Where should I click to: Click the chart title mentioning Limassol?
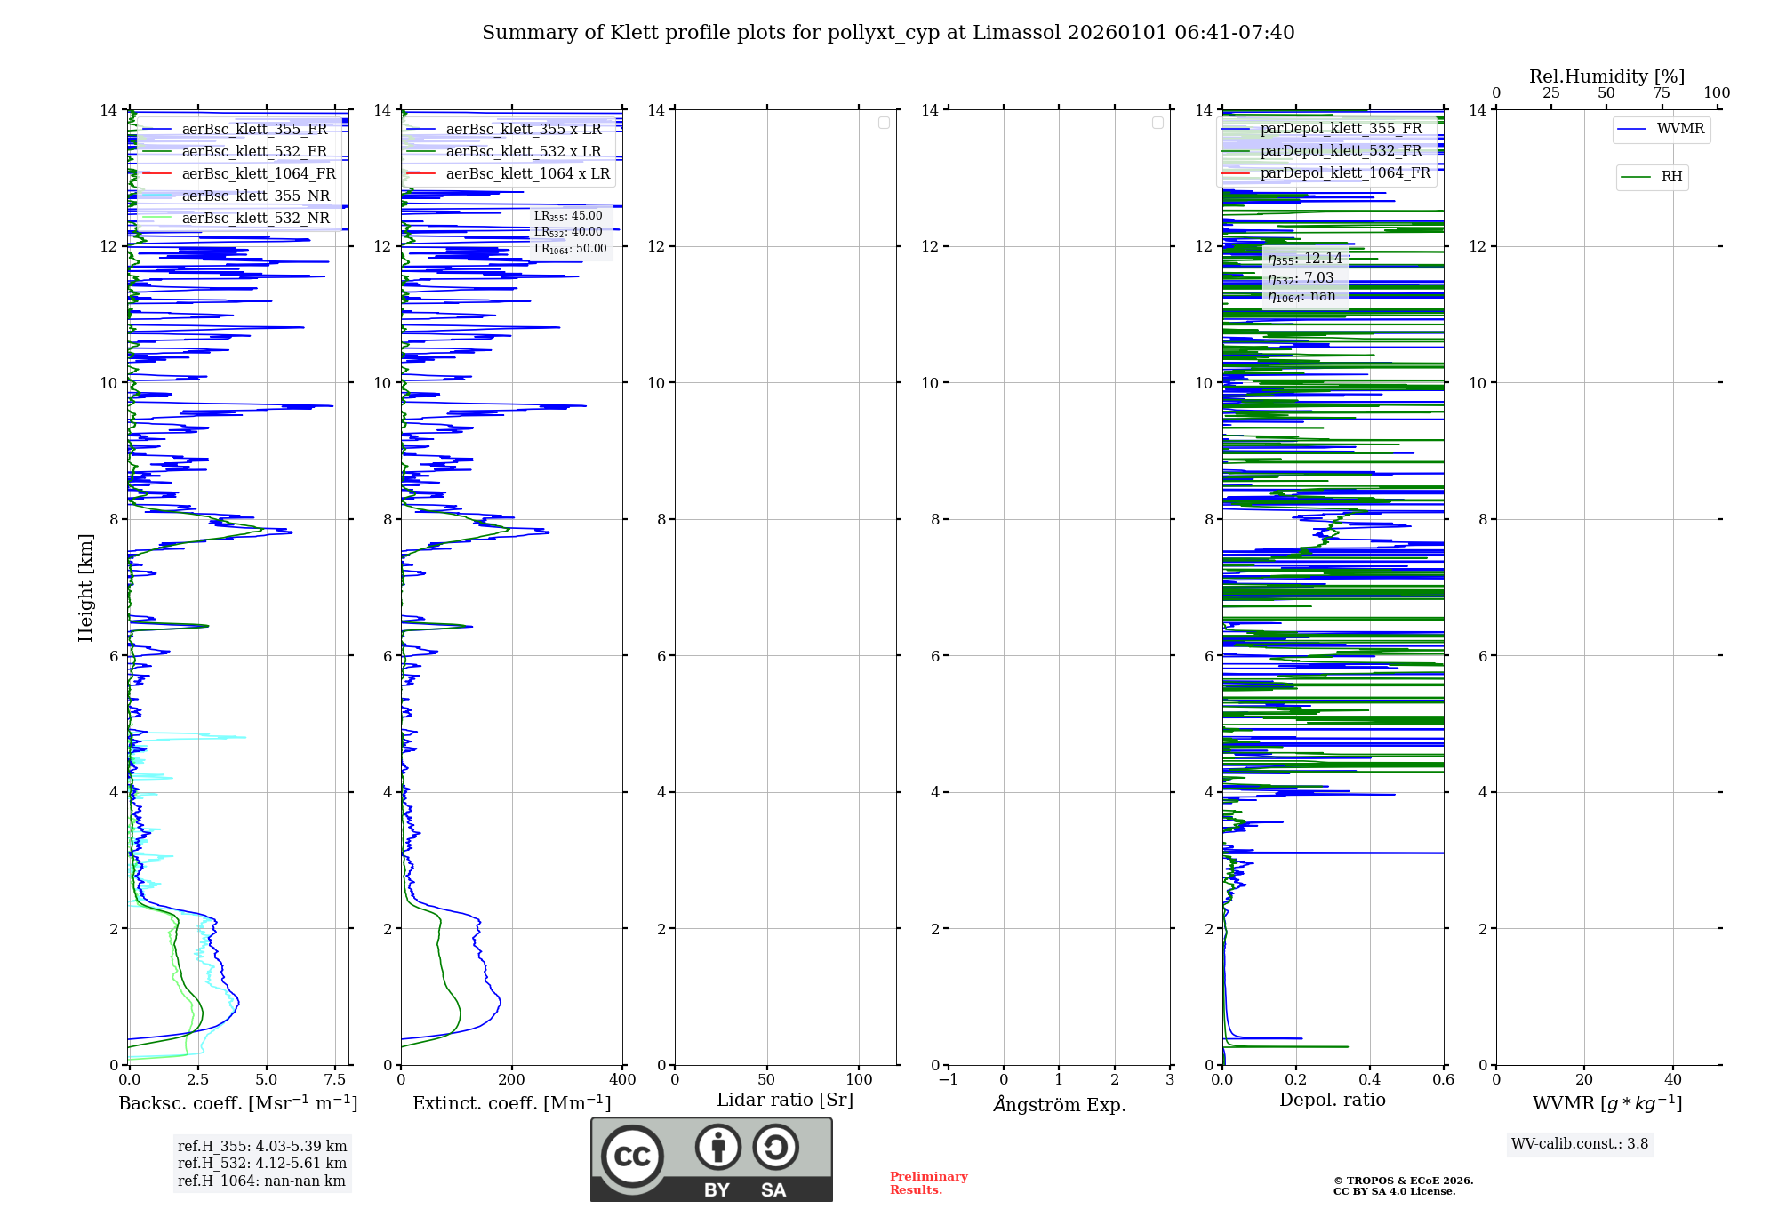pyautogui.click(x=888, y=33)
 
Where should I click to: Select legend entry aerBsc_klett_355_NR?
pyautogui.click(x=255, y=196)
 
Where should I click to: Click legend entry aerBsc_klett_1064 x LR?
pyautogui.click(x=527, y=173)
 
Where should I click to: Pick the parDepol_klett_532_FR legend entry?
pyautogui.click(x=1341, y=150)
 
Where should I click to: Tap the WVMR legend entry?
pyautogui.click(x=1680, y=129)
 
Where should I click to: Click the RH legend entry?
pyautogui.click(x=1671, y=177)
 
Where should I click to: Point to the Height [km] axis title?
pyautogui.click(x=85, y=587)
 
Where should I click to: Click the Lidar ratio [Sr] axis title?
pyautogui.click(x=785, y=1100)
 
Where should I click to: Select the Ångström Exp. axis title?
pyautogui.click(x=1059, y=1104)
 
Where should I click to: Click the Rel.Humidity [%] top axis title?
pyautogui.click(x=1606, y=76)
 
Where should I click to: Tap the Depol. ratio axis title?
pyautogui.click(x=1332, y=1100)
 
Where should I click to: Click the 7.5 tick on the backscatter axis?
pyautogui.click(x=335, y=1079)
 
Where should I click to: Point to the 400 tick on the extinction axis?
pyautogui.click(x=622, y=1079)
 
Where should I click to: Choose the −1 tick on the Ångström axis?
pyautogui.click(x=949, y=1079)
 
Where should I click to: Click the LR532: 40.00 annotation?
pyautogui.click(x=568, y=232)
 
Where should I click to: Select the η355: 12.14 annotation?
pyautogui.click(x=1305, y=259)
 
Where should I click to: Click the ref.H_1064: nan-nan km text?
pyautogui.click(x=261, y=1181)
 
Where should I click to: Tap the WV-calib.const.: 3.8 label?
pyautogui.click(x=1580, y=1143)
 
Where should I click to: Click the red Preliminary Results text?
pyautogui.click(x=928, y=1182)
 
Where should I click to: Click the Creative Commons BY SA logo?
pyautogui.click(x=711, y=1159)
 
